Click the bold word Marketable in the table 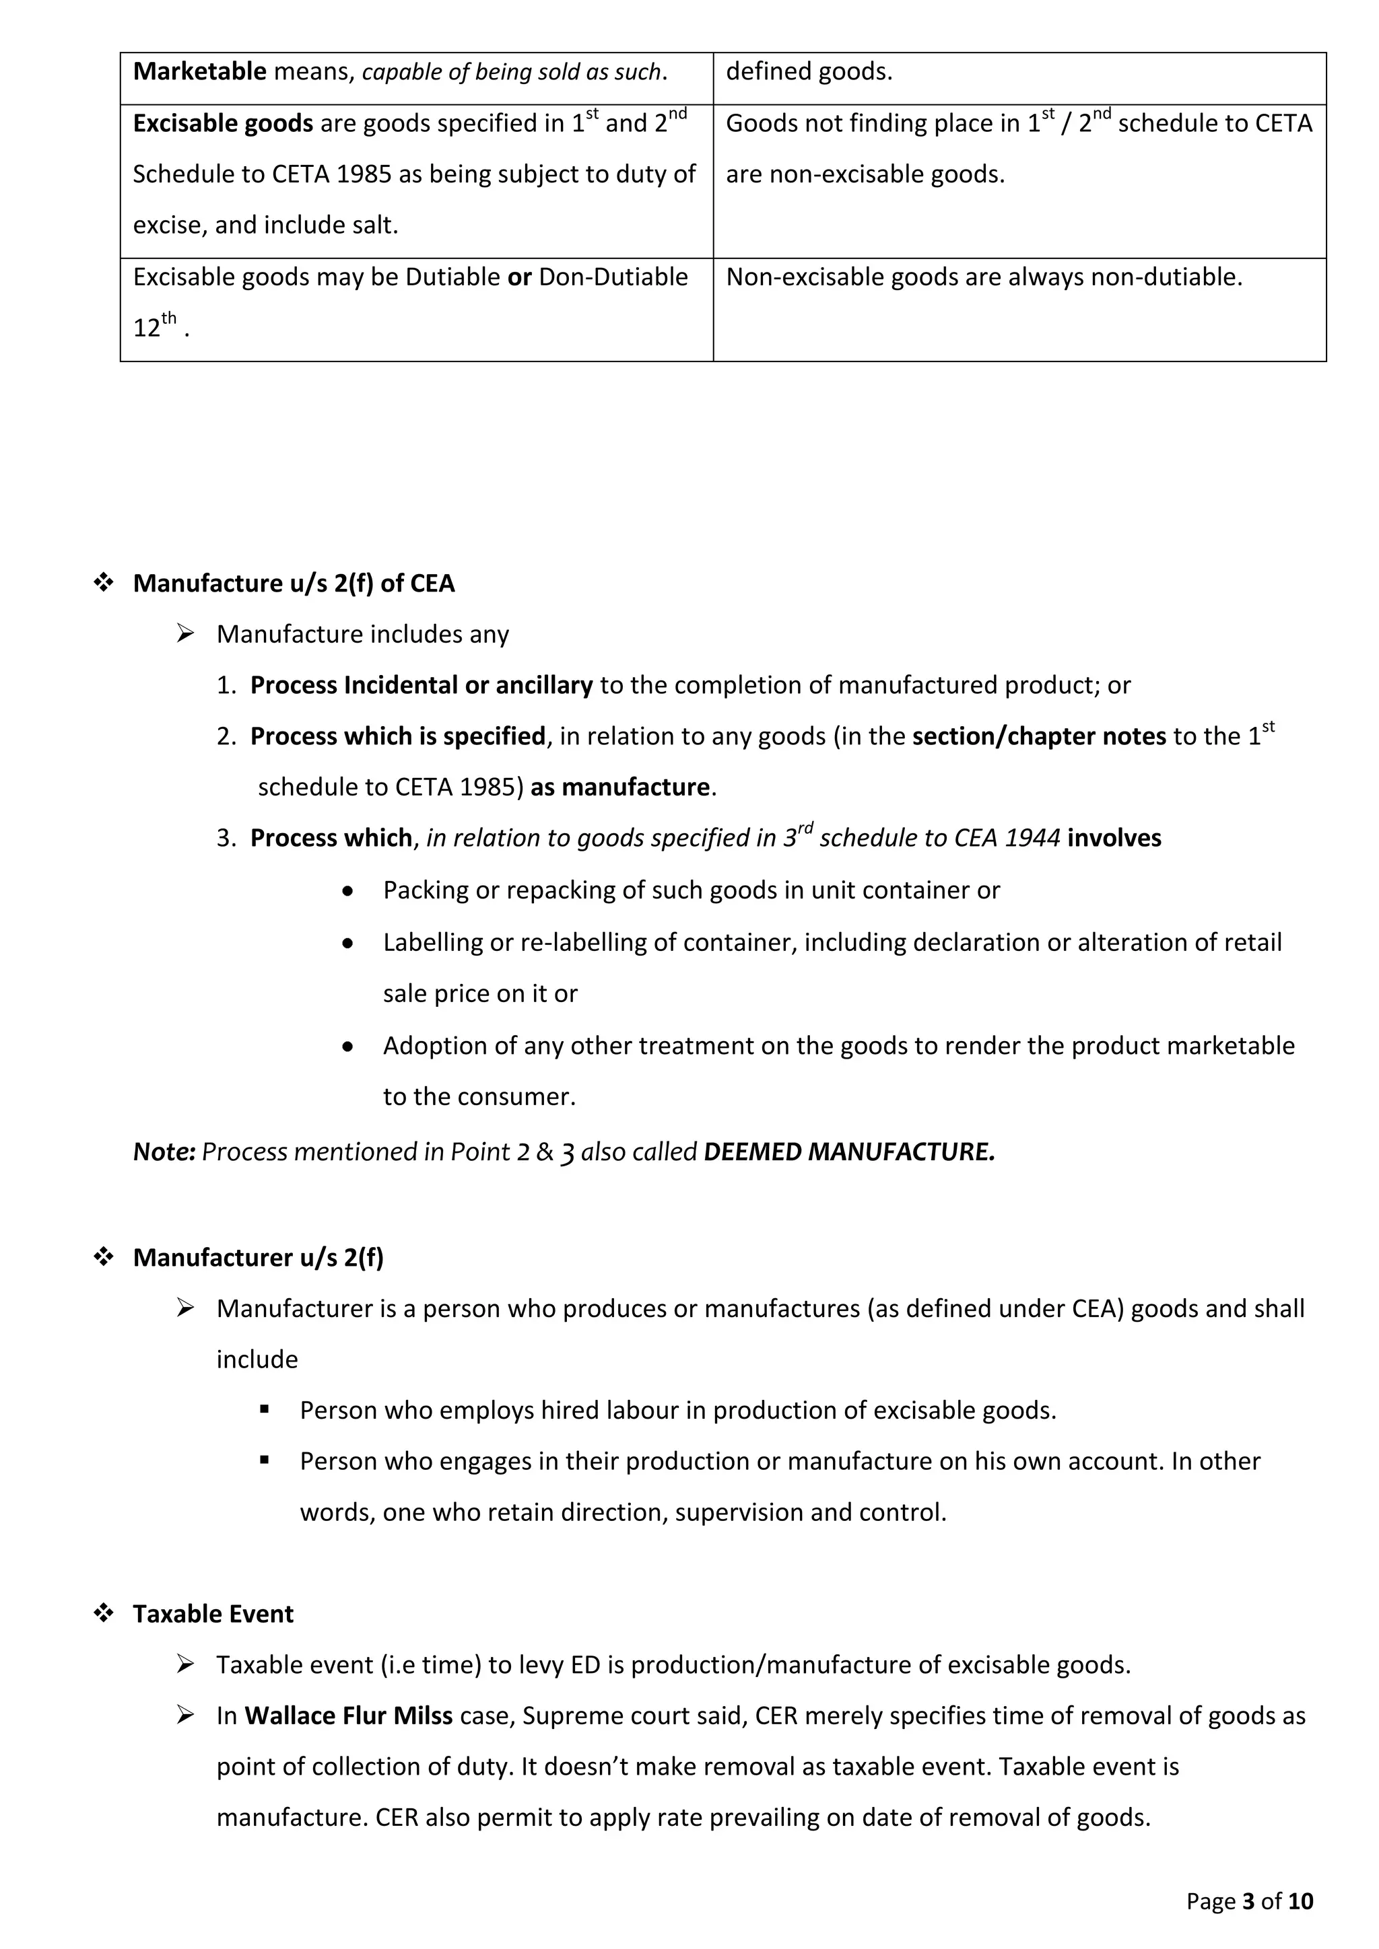(199, 71)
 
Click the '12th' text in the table (155, 326)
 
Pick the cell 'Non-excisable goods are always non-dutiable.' (983, 277)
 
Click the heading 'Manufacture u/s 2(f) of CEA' (294, 583)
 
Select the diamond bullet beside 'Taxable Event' (104, 1614)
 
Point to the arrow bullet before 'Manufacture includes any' (185, 633)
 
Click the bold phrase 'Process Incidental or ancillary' (421, 685)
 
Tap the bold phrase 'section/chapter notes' (1038, 736)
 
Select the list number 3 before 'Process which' (224, 838)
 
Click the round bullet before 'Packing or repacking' (347, 890)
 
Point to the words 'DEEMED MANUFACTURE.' (848, 1152)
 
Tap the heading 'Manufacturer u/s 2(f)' (258, 1257)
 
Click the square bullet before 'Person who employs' (264, 1410)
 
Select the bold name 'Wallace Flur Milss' (348, 1715)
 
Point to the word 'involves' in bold (1114, 838)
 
